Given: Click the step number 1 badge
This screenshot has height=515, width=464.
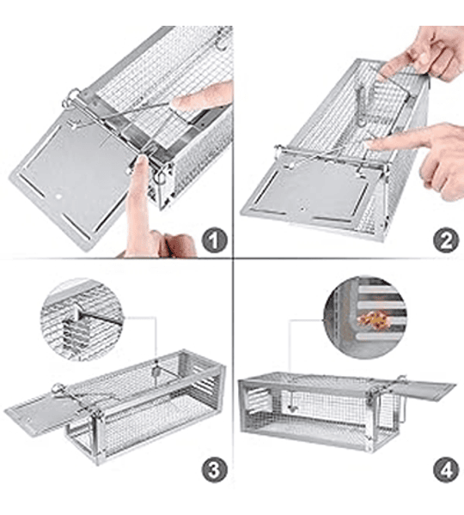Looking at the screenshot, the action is click(214, 241).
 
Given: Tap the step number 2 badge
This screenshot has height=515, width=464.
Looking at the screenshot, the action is click(446, 240).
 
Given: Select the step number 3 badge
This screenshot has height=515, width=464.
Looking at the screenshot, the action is click(215, 470).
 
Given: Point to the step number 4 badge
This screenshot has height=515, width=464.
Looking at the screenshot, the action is click(446, 470).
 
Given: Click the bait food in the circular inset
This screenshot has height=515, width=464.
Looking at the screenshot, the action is click(373, 319).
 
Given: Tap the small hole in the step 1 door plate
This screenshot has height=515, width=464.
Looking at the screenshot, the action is click(59, 197).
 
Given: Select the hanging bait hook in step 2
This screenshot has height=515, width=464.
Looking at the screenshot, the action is click(363, 105).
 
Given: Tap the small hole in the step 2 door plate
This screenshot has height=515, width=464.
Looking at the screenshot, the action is click(302, 209).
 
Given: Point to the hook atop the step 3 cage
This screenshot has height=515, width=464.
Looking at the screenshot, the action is click(156, 372).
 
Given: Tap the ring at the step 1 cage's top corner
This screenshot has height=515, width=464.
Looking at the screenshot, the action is click(70, 98).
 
